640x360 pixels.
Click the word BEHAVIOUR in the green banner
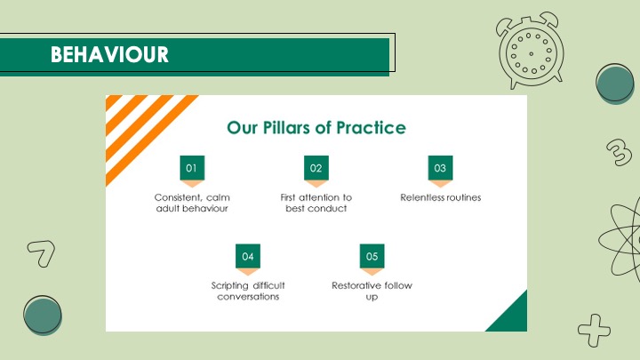[109, 54]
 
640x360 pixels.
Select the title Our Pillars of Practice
[316, 128]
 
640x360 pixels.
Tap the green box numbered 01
[192, 168]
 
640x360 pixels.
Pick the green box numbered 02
[316, 168]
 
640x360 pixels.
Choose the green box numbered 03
[440, 168]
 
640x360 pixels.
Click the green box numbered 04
[248, 256]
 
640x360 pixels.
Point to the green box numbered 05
[372, 256]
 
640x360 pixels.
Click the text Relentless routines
[440, 197]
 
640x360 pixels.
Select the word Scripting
[230, 285]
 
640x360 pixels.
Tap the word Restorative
[356, 285]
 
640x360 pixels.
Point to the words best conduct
[316, 209]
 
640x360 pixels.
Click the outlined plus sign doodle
[595, 330]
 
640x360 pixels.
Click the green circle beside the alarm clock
[615, 84]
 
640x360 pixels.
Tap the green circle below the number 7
[43, 316]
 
